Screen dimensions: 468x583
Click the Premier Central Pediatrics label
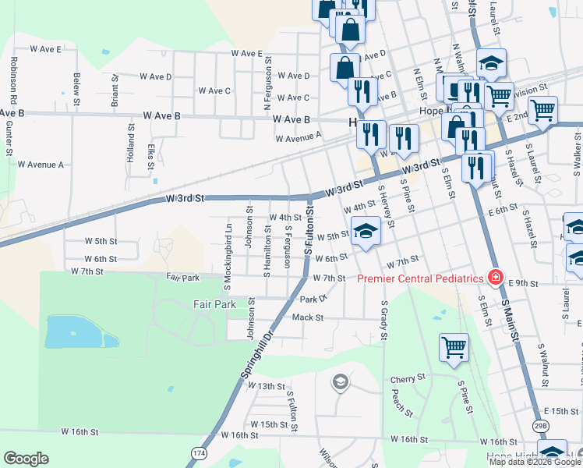[421, 278]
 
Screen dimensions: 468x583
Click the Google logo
[26, 459]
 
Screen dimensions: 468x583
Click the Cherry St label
[406, 379]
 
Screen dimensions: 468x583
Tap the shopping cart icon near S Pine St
[454, 348]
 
